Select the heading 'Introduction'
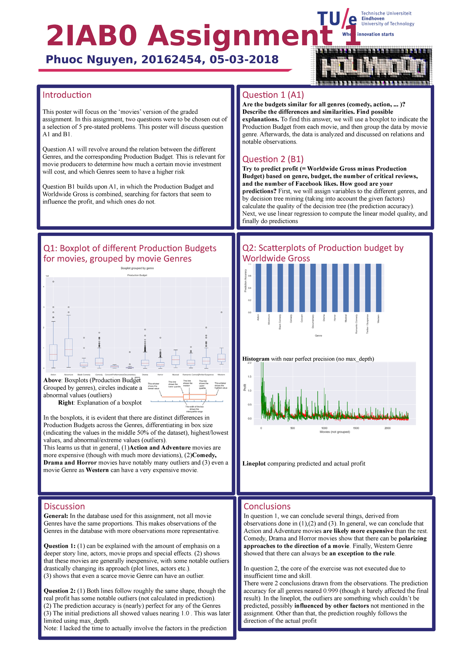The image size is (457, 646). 67,95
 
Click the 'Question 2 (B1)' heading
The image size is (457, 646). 273,159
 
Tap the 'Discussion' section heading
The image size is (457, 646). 64,506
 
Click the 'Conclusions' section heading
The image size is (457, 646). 267,506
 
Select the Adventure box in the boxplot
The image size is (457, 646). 69,347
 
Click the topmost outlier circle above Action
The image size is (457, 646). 53,282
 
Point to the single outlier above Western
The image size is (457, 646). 221,312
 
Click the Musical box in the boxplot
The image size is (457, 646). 176,360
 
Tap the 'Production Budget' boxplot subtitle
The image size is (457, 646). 137,275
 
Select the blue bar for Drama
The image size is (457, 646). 324,287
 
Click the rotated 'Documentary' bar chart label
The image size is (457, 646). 313,322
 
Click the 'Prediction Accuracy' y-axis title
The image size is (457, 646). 246,281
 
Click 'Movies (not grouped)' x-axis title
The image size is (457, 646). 334,432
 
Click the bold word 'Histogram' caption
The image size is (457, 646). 256,359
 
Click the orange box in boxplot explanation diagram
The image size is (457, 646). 195,397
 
